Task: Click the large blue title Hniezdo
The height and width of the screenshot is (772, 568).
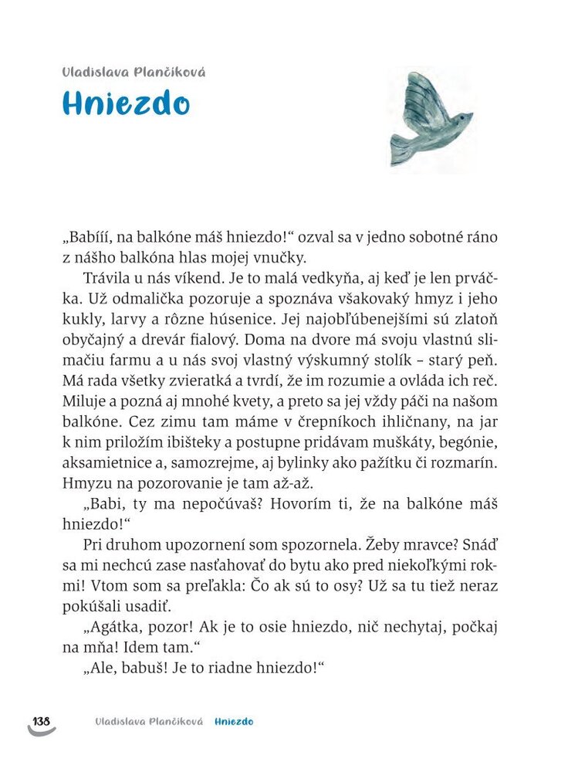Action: pyautogui.click(x=126, y=103)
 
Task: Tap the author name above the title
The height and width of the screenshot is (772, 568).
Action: pyautogui.click(x=134, y=72)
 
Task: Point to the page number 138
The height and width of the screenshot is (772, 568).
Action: pyautogui.click(x=41, y=721)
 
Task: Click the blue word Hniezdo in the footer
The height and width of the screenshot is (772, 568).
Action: pyautogui.click(x=235, y=722)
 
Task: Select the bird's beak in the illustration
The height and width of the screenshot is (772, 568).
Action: pyautogui.click(x=470, y=118)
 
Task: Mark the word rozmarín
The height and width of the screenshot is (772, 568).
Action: pyautogui.click(x=465, y=463)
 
